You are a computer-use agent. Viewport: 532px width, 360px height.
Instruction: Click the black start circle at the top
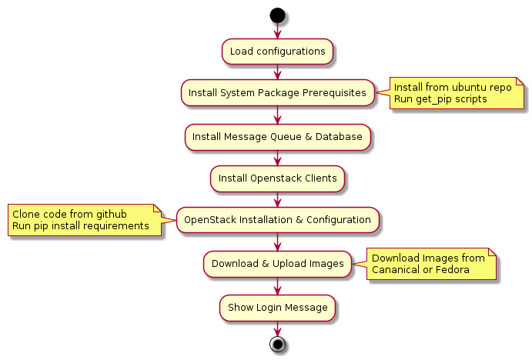tap(277, 15)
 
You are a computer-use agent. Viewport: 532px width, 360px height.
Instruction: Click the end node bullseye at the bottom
tap(277, 345)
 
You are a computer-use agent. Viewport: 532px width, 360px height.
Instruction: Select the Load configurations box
tap(277, 52)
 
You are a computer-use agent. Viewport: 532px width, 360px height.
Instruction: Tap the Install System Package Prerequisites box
tap(277, 93)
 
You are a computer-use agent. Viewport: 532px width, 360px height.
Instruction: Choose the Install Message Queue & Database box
tap(277, 137)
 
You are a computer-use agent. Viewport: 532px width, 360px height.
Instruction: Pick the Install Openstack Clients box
tap(277, 178)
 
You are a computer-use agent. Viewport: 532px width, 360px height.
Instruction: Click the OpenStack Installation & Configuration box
tap(277, 220)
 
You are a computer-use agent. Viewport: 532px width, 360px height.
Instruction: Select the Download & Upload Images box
tap(277, 264)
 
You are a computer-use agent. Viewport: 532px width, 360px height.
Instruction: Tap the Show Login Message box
tap(277, 308)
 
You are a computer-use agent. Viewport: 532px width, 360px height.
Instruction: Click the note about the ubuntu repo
tap(457, 93)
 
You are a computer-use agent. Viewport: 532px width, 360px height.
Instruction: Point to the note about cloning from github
tap(85, 220)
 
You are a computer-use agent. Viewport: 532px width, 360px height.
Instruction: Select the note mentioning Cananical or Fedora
tap(431, 264)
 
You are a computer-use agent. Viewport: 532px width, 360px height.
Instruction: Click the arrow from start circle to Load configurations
tap(277, 31)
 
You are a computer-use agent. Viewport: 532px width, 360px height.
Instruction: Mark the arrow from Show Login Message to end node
tap(277, 328)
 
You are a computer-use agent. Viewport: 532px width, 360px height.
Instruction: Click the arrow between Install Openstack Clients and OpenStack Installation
tap(277, 199)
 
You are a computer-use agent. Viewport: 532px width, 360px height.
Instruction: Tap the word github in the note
tap(112, 215)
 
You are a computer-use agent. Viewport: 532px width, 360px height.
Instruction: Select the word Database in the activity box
tap(339, 137)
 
